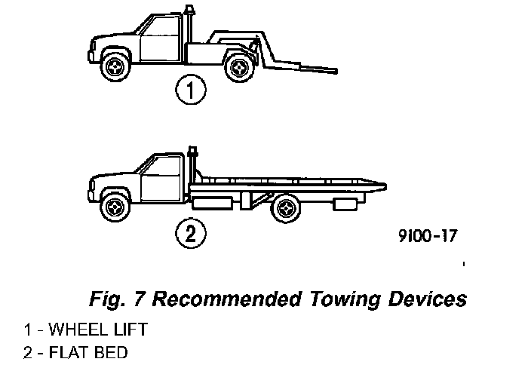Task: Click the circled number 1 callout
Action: (191, 91)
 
